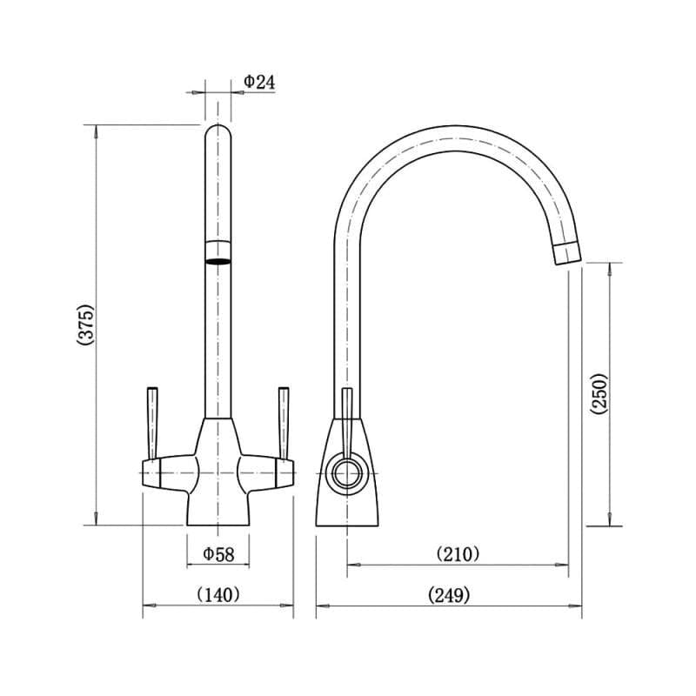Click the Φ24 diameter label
259,81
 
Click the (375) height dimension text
84,325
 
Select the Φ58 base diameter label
217,553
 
